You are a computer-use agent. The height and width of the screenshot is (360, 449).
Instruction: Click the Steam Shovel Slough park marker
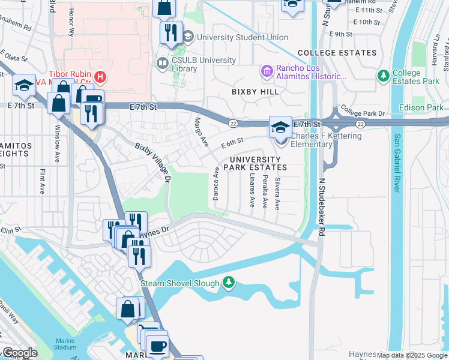coord(228,282)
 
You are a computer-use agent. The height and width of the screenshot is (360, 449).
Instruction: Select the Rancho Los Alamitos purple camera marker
coord(267,71)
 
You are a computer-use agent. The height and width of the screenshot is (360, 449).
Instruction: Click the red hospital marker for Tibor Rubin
coord(100,77)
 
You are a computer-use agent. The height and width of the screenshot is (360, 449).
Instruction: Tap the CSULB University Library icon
coord(161,63)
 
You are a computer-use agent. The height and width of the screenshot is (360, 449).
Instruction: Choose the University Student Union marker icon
coord(188,37)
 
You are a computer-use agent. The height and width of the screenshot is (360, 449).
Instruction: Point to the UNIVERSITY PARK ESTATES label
coord(255,163)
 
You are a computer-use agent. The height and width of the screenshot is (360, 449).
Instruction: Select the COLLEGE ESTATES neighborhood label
coord(337,53)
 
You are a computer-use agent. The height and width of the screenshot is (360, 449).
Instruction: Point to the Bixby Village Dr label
coord(154,163)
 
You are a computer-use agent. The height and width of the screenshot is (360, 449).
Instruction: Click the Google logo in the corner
coord(20,353)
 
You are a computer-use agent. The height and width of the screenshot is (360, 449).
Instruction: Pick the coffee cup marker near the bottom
coord(157,347)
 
